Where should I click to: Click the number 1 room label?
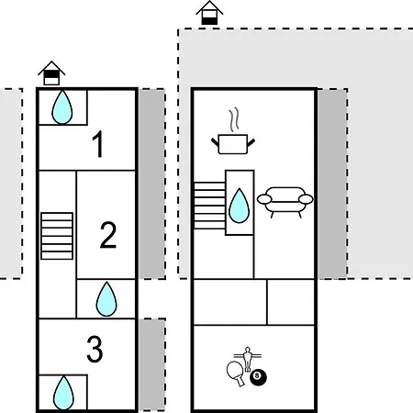tap(98, 144)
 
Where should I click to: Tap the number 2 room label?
tap(108, 235)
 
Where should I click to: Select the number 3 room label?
tap(95, 349)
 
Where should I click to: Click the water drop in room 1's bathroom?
tap(62, 107)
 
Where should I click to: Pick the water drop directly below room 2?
tap(106, 299)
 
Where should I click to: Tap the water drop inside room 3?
tap(63, 393)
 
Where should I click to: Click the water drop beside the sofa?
tap(240, 206)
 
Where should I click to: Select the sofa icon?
tap(285, 202)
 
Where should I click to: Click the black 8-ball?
tap(258, 377)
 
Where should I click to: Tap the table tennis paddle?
tap(236, 374)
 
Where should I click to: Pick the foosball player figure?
tap(247, 359)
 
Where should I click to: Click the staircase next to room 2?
tap(57, 236)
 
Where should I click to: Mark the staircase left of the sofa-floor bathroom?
tap(209, 206)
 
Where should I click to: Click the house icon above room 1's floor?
tap(51, 73)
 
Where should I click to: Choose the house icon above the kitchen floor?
tap(209, 13)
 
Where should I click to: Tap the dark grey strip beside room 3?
tap(152, 365)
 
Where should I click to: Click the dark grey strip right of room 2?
tap(152, 184)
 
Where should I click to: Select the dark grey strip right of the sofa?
tap(332, 184)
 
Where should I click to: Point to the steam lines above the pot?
tap(234, 119)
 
